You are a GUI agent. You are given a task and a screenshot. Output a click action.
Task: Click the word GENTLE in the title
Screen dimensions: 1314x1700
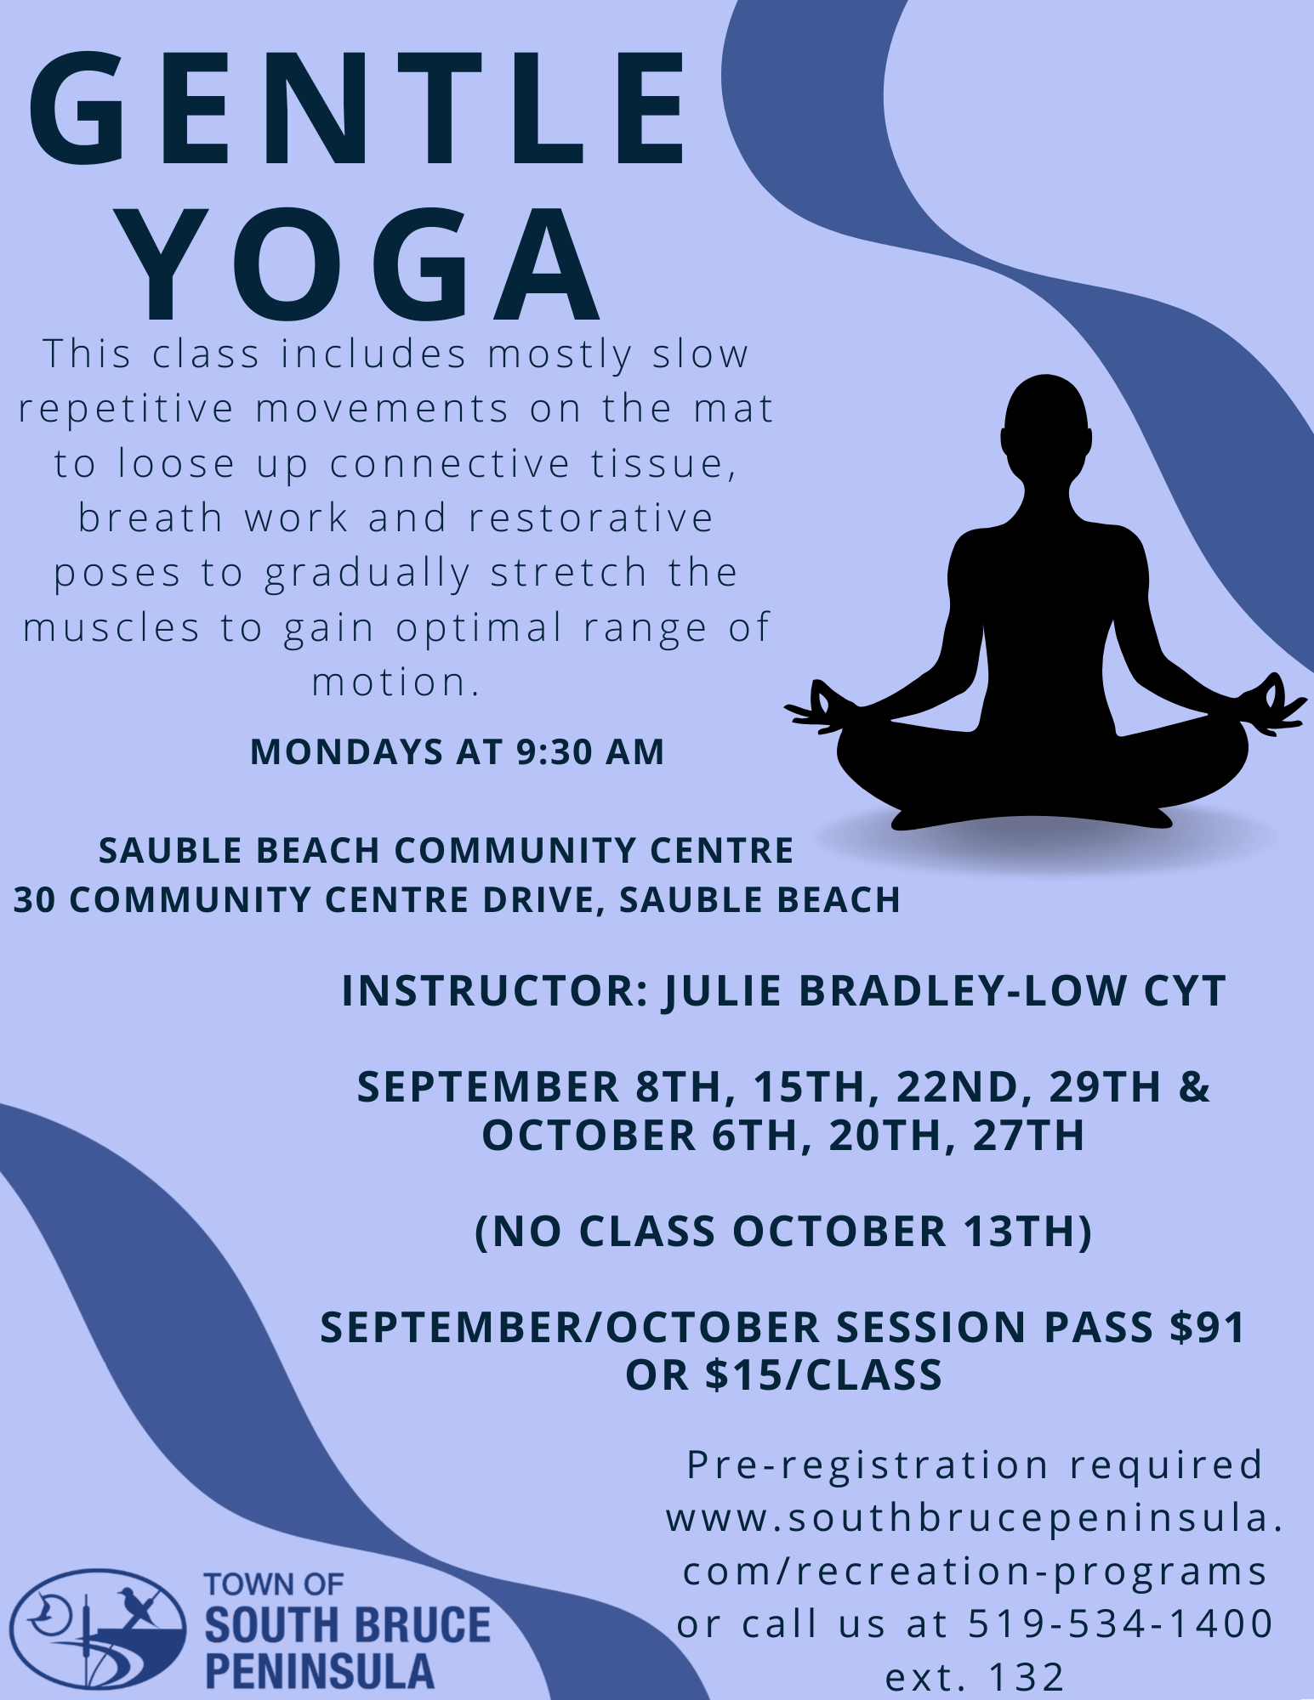(x=357, y=108)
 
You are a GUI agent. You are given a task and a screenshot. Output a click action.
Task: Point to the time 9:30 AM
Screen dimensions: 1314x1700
(x=589, y=752)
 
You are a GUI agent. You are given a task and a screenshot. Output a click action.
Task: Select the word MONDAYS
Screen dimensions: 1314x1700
(x=348, y=752)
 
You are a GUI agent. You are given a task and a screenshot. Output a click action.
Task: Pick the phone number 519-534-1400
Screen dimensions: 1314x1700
(x=1121, y=1623)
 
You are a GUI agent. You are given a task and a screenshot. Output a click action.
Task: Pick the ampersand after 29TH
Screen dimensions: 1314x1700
(x=1195, y=1087)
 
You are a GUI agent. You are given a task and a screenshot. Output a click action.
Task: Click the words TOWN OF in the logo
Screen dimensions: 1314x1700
(x=274, y=1584)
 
